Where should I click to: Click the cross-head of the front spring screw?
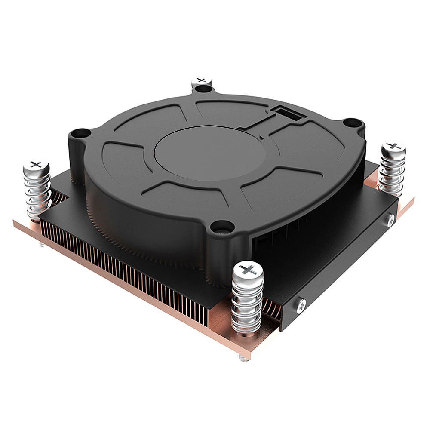pyautogui.click(x=247, y=270)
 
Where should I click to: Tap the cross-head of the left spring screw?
pyautogui.click(x=37, y=164)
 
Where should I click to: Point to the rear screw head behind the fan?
pyautogui.click(x=201, y=80)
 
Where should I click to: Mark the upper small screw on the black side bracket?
pyautogui.click(x=390, y=221)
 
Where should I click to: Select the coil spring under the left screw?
pyautogui.click(x=38, y=193)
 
